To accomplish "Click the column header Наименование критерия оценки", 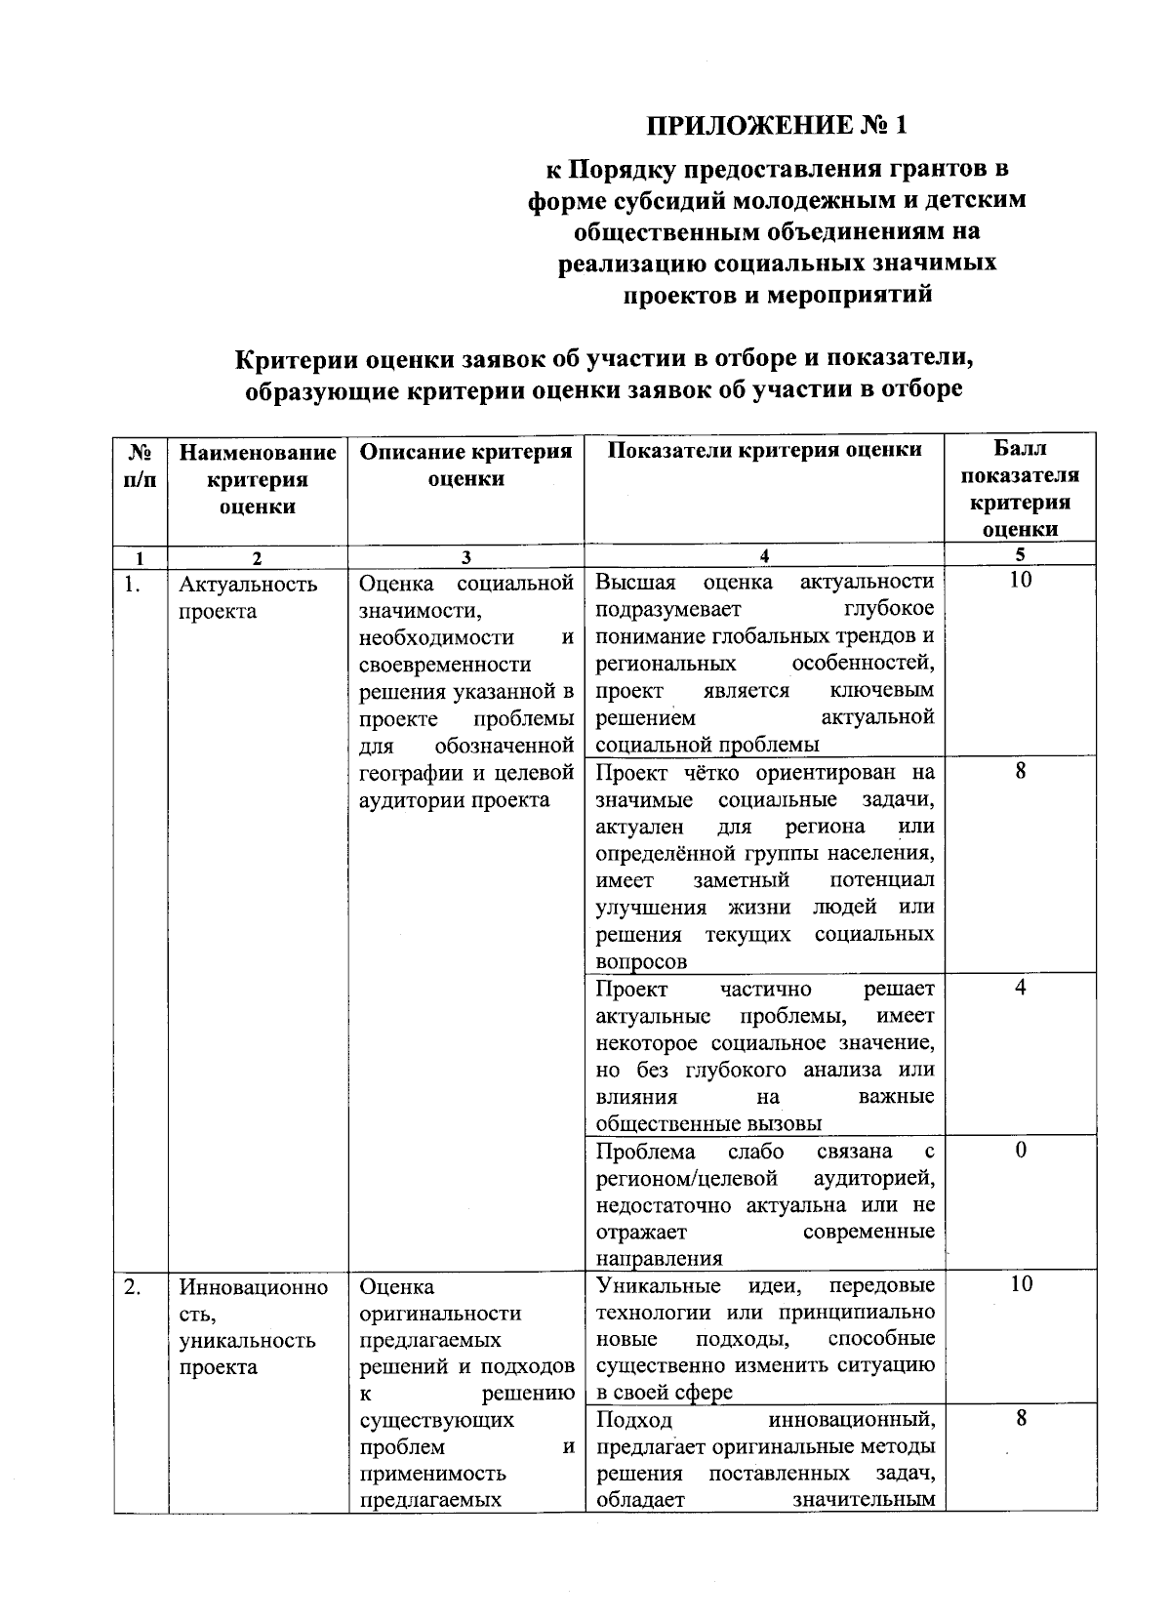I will click(258, 479).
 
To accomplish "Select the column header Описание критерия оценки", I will click(465, 465).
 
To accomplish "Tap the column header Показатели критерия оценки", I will click(764, 450).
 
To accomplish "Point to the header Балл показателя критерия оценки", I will click(1020, 489).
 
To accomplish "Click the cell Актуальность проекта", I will click(249, 597).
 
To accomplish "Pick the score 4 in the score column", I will click(1021, 988).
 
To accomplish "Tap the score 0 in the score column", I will click(1021, 1150).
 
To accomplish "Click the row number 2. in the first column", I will click(133, 1285).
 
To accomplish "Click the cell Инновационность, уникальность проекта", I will click(254, 1326).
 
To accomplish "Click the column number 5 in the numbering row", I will click(1020, 554).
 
